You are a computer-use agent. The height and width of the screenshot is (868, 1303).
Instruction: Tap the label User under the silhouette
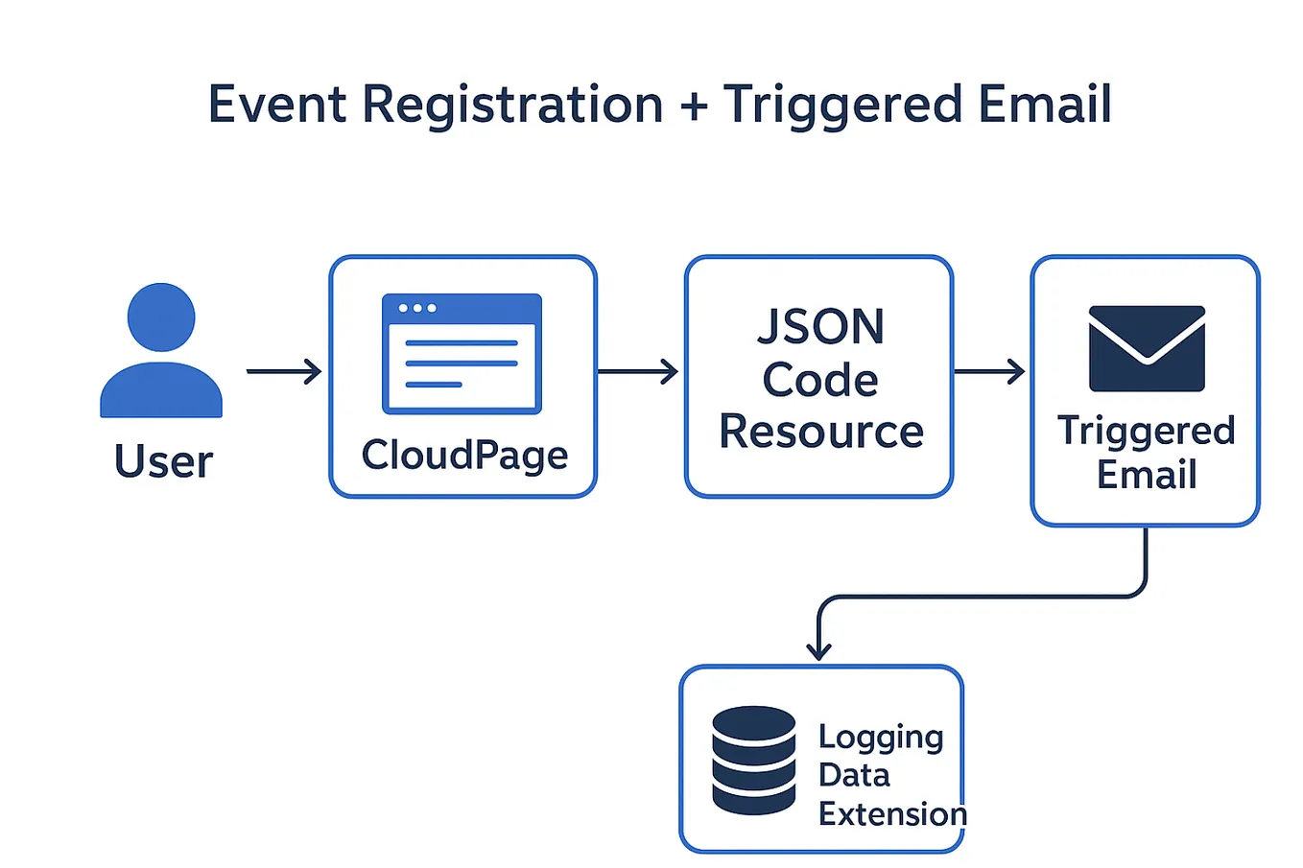[x=163, y=461]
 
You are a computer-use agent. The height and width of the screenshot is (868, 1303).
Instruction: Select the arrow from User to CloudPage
[x=284, y=371]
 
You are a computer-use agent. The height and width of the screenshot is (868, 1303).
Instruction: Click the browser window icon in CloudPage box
[x=462, y=354]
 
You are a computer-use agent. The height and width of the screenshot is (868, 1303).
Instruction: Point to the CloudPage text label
[x=464, y=456]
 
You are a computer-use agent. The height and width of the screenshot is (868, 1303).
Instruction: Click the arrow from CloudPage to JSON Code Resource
[x=638, y=371]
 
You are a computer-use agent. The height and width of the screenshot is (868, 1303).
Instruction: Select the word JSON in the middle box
[x=820, y=327]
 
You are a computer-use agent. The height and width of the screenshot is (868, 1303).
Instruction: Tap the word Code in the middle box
[x=820, y=380]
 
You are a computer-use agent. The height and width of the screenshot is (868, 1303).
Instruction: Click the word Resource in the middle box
[x=820, y=432]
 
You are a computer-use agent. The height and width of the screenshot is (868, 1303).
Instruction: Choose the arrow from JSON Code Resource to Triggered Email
[x=989, y=371]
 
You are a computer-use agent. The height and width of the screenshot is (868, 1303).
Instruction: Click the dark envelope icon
[x=1147, y=348]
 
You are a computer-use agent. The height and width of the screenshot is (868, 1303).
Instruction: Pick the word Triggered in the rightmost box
[x=1146, y=432]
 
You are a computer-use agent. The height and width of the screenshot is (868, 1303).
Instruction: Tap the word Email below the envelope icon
[x=1147, y=475]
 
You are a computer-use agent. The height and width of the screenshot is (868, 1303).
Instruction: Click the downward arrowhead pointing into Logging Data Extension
[x=818, y=649]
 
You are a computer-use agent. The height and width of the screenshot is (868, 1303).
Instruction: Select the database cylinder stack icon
[x=754, y=760]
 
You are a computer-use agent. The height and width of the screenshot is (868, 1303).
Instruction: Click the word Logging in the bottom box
[x=881, y=738]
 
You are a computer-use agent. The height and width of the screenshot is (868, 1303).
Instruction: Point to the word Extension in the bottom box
[x=892, y=814]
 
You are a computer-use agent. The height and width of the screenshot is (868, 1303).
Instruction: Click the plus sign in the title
[x=693, y=105]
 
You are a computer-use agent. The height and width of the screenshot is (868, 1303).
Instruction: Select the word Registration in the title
[x=512, y=105]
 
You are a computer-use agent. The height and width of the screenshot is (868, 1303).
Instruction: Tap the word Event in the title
[x=276, y=105]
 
